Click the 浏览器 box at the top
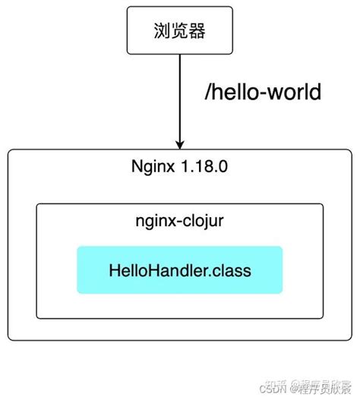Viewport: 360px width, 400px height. click(x=179, y=31)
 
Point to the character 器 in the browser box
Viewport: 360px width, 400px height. click(x=197, y=32)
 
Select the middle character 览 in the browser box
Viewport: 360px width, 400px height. click(x=180, y=32)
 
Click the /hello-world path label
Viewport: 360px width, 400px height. click(x=264, y=93)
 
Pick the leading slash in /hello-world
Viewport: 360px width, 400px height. click(x=207, y=93)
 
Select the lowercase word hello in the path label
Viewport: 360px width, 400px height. click(x=235, y=93)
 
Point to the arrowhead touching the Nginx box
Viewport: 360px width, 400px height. click(x=180, y=143)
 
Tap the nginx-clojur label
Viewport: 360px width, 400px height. click(x=179, y=222)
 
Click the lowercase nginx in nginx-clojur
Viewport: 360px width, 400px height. click(x=156, y=222)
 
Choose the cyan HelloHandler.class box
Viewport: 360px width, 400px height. click(x=179, y=269)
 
